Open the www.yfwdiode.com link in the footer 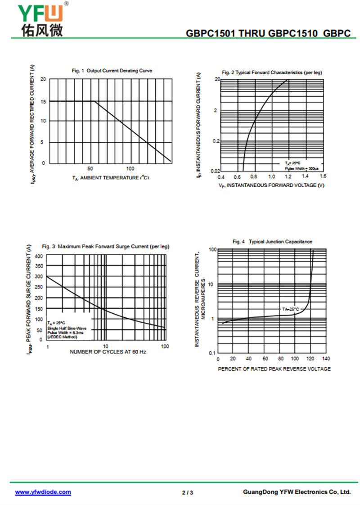click(x=43, y=492)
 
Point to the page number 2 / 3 click(x=188, y=492)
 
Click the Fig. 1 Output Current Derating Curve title click(x=112, y=71)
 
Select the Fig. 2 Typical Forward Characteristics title click(x=272, y=72)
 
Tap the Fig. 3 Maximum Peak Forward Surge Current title click(x=106, y=247)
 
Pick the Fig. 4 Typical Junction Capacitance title click(x=272, y=242)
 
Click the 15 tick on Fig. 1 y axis click(x=43, y=101)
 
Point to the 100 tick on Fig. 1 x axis click(x=130, y=168)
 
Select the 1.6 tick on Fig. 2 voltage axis click(x=323, y=176)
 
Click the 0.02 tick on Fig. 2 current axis click(x=215, y=171)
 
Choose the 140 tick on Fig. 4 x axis click(x=326, y=359)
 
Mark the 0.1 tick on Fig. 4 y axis click(x=212, y=353)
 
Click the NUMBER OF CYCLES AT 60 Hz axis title click(x=108, y=352)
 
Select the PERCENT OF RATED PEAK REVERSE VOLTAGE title click(x=274, y=369)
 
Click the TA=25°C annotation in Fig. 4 click(x=291, y=310)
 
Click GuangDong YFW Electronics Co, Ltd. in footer click(x=297, y=492)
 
